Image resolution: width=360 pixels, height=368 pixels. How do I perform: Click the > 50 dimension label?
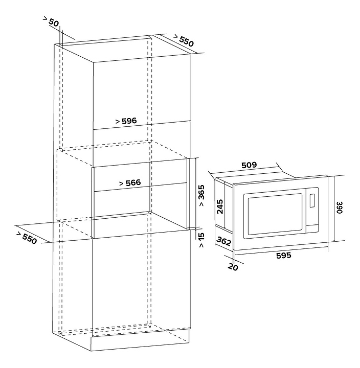(x=51, y=22)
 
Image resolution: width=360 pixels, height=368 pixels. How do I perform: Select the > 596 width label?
(x=126, y=121)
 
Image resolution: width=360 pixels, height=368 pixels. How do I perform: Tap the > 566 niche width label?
(x=130, y=182)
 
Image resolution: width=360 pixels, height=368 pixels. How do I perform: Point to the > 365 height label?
(x=201, y=196)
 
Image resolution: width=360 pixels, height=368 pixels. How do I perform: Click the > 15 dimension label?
(x=201, y=240)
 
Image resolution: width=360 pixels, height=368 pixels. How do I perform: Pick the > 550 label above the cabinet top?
(x=184, y=40)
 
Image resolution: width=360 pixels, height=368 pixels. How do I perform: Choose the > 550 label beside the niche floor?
(x=27, y=237)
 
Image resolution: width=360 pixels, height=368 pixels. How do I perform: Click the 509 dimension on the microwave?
(x=249, y=165)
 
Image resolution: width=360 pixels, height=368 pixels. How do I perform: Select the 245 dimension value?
(x=220, y=206)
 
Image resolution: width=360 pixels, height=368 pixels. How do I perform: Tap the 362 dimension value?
(x=224, y=241)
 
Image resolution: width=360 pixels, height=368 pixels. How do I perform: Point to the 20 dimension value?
(x=233, y=267)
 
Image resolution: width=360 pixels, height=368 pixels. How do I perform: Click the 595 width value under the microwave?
(x=284, y=256)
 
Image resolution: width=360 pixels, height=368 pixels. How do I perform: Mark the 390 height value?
(x=340, y=208)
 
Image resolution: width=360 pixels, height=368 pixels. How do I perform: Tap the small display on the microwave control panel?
(x=312, y=201)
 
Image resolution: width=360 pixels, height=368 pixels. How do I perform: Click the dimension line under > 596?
(x=142, y=125)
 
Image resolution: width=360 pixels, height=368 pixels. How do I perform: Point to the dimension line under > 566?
(x=141, y=187)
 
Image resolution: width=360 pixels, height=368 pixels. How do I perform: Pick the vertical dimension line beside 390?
(x=334, y=209)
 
